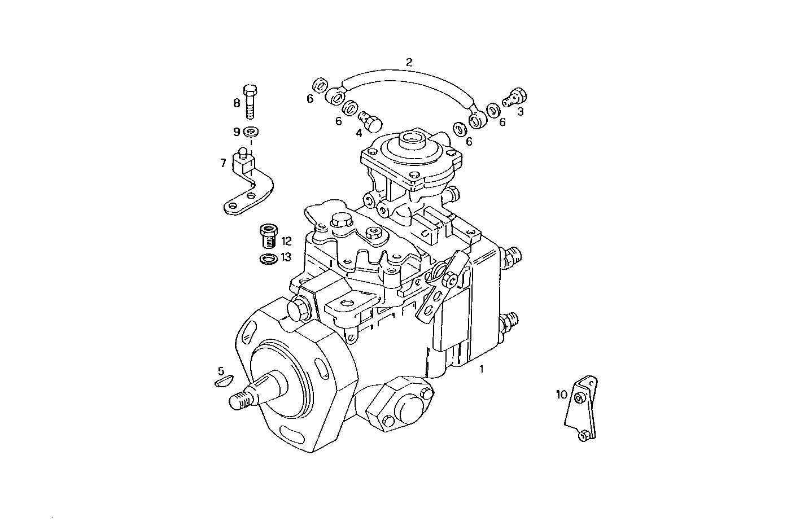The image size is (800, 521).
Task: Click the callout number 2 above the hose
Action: click(x=409, y=62)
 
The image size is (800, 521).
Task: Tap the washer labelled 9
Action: click(x=250, y=133)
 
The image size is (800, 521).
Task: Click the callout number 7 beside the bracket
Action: click(x=224, y=163)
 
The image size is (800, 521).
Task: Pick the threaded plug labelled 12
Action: click(x=268, y=236)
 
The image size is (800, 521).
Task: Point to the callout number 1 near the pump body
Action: click(x=481, y=370)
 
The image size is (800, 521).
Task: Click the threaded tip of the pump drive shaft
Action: click(x=241, y=401)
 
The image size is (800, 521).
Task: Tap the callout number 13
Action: click(x=286, y=257)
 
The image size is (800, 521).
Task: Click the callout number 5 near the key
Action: click(x=221, y=371)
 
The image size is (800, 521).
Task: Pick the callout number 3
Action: click(x=520, y=112)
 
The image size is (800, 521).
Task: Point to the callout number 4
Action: click(x=359, y=134)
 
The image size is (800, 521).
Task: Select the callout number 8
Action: click(x=237, y=103)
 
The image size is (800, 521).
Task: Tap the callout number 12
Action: click(x=286, y=242)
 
